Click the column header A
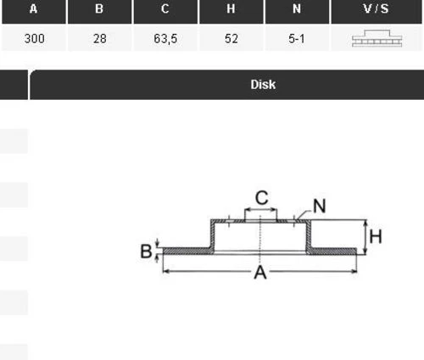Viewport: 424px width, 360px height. (x=34, y=8)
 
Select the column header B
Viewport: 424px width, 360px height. (x=99, y=8)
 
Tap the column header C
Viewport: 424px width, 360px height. (x=165, y=8)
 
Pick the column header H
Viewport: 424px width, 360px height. (x=231, y=8)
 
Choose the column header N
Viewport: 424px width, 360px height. (x=297, y=8)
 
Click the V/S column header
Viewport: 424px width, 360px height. (x=376, y=8)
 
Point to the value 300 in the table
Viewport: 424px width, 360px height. (x=34, y=38)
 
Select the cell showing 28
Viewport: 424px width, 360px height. (x=100, y=38)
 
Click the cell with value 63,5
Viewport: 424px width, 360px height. (x=165, y=39)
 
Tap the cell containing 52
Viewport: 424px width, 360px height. (x=232, y=38)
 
